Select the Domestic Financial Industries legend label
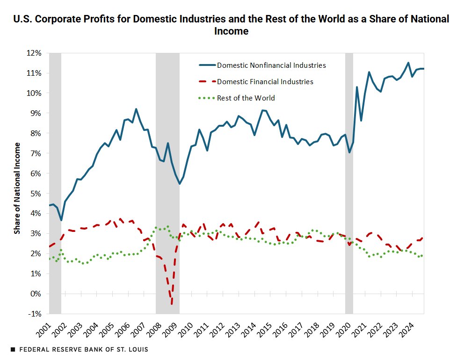coord(265,82)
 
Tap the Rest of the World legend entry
coord(246,98)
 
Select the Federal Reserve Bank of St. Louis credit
coord(79,350)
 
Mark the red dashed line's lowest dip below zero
coord(172,304)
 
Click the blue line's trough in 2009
coord(179,184)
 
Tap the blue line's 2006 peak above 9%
coord(136,109)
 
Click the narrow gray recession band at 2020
coord(349,182)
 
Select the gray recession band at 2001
coord(55,182)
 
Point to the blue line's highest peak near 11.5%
coord(408,63)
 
